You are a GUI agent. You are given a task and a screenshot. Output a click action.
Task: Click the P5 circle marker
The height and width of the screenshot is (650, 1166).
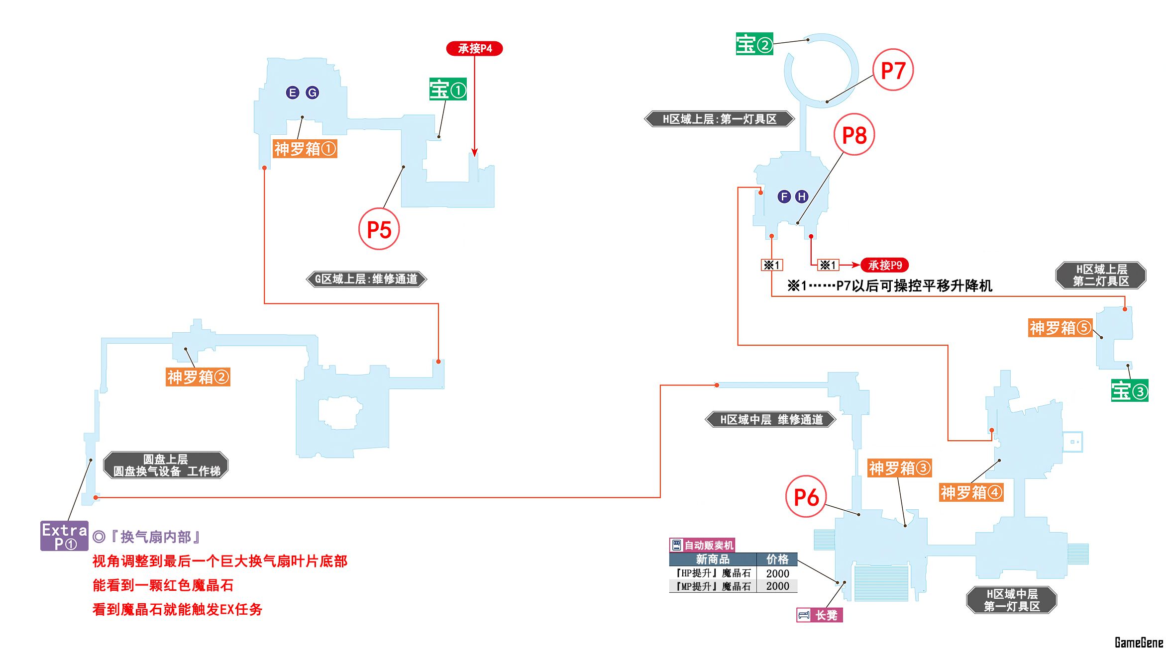[379, 229]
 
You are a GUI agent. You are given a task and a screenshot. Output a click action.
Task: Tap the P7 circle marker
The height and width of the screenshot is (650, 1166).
[893, 70]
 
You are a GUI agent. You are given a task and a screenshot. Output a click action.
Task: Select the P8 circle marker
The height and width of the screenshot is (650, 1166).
[854, 135]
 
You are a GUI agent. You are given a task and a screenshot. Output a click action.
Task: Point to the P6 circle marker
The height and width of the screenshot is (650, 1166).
[806, 497]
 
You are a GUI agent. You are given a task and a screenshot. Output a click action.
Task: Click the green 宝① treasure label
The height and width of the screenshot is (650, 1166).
[448, 90]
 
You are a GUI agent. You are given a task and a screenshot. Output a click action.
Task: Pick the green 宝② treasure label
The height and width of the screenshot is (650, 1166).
[754, 44]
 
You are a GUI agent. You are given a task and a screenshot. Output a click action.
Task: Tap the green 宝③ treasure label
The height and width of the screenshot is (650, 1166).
[1129, 391]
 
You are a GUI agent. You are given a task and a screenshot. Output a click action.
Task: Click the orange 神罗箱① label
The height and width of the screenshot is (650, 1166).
[305, 149]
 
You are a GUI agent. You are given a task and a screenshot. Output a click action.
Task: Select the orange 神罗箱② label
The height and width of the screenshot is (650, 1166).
[198, 377]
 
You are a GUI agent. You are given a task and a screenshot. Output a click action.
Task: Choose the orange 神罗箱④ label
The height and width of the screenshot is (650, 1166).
[971, 492]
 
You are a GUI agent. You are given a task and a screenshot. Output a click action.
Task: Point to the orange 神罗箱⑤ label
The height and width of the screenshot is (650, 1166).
[1060, 328]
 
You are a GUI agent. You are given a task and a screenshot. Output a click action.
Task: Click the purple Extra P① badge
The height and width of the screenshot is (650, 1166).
[64, 536]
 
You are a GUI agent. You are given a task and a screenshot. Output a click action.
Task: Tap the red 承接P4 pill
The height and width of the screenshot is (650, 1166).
[474, 48]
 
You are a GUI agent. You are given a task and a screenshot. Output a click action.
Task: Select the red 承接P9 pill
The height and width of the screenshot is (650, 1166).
[884, 265]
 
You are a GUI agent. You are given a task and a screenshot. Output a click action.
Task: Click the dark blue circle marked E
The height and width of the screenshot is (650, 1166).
[292, 93]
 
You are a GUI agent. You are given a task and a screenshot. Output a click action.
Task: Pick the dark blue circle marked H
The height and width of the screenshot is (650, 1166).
[801, 196]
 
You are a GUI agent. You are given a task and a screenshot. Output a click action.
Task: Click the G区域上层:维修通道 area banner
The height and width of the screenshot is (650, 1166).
[366, 279]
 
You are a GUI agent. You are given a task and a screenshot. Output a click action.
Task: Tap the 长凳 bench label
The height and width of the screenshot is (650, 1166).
[820, 615]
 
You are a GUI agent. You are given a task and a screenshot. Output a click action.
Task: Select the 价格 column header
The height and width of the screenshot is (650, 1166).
[777, 559]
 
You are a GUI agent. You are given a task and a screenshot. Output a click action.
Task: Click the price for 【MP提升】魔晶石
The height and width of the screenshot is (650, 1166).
[777, 586]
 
